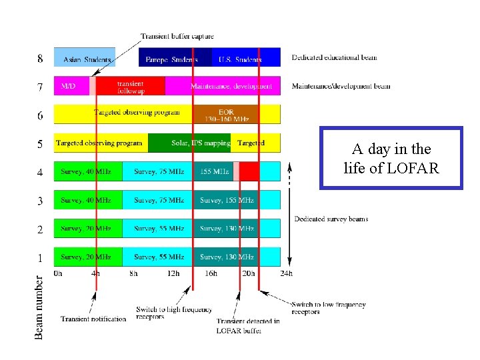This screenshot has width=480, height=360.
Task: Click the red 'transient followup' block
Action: [x=131, y=87]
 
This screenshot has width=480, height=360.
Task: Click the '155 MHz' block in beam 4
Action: [x=213, y=171]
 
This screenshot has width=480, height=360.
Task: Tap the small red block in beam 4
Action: [x=249, y=171]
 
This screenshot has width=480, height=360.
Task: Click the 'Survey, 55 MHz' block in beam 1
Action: [x=158, y=257]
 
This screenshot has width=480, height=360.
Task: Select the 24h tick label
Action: [x=287, y=273]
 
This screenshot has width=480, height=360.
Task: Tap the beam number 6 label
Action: [x=40, y=115]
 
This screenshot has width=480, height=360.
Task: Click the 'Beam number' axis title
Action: [x=39, y=307]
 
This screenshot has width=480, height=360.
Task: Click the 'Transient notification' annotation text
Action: [x=93, y=319]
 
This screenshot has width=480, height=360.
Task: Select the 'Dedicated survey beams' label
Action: [x=331, y=219]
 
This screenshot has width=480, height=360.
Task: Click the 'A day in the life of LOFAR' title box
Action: [x=391, y=159]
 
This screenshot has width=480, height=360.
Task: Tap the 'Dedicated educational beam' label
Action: [x=335, y=57]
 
